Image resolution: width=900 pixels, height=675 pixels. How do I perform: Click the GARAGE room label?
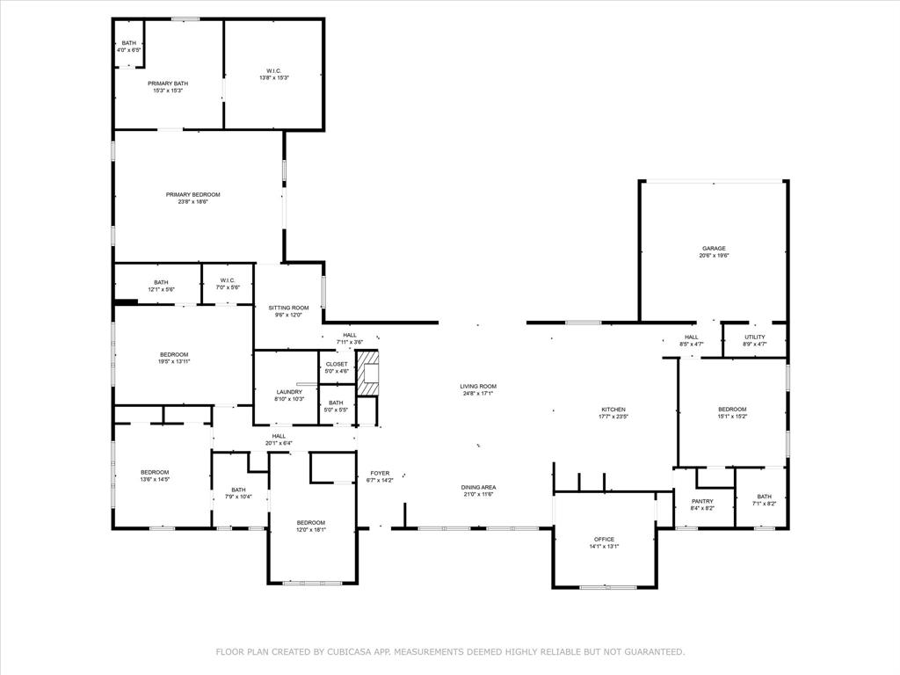[x=714, y=249]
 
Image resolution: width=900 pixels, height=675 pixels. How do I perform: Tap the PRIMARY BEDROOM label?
[x=192, y=194]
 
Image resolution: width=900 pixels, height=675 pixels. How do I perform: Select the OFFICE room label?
[x=604, y=539]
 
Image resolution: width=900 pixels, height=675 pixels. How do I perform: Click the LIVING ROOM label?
[x=478, y=386]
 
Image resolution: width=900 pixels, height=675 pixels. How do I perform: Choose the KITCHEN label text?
[x=613, y=410]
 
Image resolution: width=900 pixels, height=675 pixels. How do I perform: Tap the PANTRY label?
[x=702, y=501]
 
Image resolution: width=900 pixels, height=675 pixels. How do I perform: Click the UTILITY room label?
[x=754, y=337]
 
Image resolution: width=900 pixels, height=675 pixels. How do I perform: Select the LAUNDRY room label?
[x=289, y=392]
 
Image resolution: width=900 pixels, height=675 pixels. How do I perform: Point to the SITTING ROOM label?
[x=288, y=308]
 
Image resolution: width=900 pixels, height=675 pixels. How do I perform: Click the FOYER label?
[x=379, y=473]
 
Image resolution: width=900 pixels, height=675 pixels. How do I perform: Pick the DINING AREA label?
[x=478, y=487]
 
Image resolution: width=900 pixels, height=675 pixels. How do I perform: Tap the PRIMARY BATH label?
[x=167, y=83]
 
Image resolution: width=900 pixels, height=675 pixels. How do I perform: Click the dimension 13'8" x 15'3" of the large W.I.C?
[x=273, y=78]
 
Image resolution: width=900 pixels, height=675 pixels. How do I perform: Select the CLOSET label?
[x=337, y=364]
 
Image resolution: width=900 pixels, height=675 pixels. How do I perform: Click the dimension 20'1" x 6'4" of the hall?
[x=279, y=443]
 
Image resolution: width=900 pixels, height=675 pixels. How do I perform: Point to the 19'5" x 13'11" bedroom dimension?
[x=174, y=361]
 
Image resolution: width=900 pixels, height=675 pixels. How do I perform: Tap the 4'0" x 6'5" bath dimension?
[x=129, y=50]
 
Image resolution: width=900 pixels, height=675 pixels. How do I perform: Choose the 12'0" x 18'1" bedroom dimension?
[x=310, y=530]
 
